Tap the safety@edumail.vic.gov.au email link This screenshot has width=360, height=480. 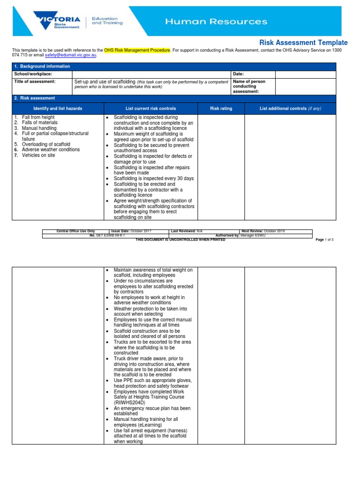[x=70, y=55]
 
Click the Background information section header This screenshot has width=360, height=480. [x=42, y=67]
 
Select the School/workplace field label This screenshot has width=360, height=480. [x=33, y=74]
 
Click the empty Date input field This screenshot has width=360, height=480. [x=305, y=74]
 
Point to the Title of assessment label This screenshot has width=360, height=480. [x=35, y=82]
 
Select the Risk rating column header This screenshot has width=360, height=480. [x=221, y=109]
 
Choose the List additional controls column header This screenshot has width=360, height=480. [x=290, y=109]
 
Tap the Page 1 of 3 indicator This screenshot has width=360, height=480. [x=324, y=240]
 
